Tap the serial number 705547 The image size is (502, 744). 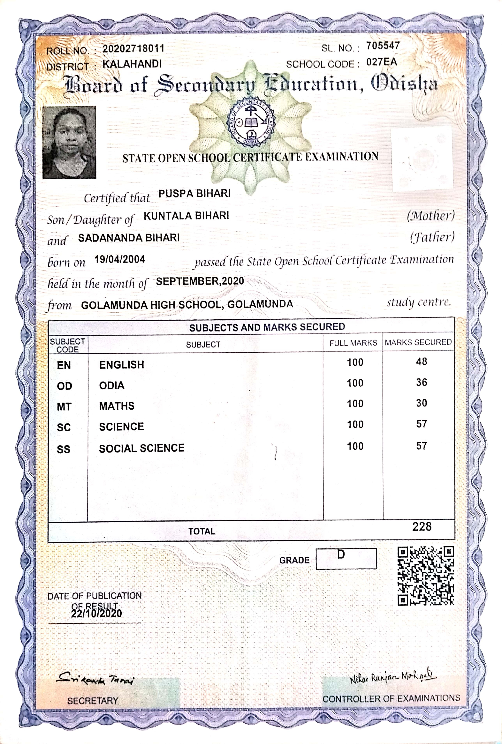click(x=383, y=46)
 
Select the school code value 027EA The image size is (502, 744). click(x=382, y=62)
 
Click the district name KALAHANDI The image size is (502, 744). click(x=132, y=64)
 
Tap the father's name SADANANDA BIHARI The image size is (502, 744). click(x=129, y=238)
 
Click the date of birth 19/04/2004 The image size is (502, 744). click(x=119, y=259)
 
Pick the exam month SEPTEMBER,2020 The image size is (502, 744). click(x=200, y=281)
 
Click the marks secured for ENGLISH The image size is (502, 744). click(x=421, y=362)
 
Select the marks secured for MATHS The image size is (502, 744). click(x=421, y=403)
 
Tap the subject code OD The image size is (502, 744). click(x=64, y=386)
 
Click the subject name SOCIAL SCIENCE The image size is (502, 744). click(x=141, y=448)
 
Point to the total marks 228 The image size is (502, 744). click(x=422, y=527)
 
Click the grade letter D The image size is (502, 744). click(x=341, y=554)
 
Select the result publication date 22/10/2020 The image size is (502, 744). click(x=96, y=614)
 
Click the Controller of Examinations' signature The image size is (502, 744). click(x=392, y=677)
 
